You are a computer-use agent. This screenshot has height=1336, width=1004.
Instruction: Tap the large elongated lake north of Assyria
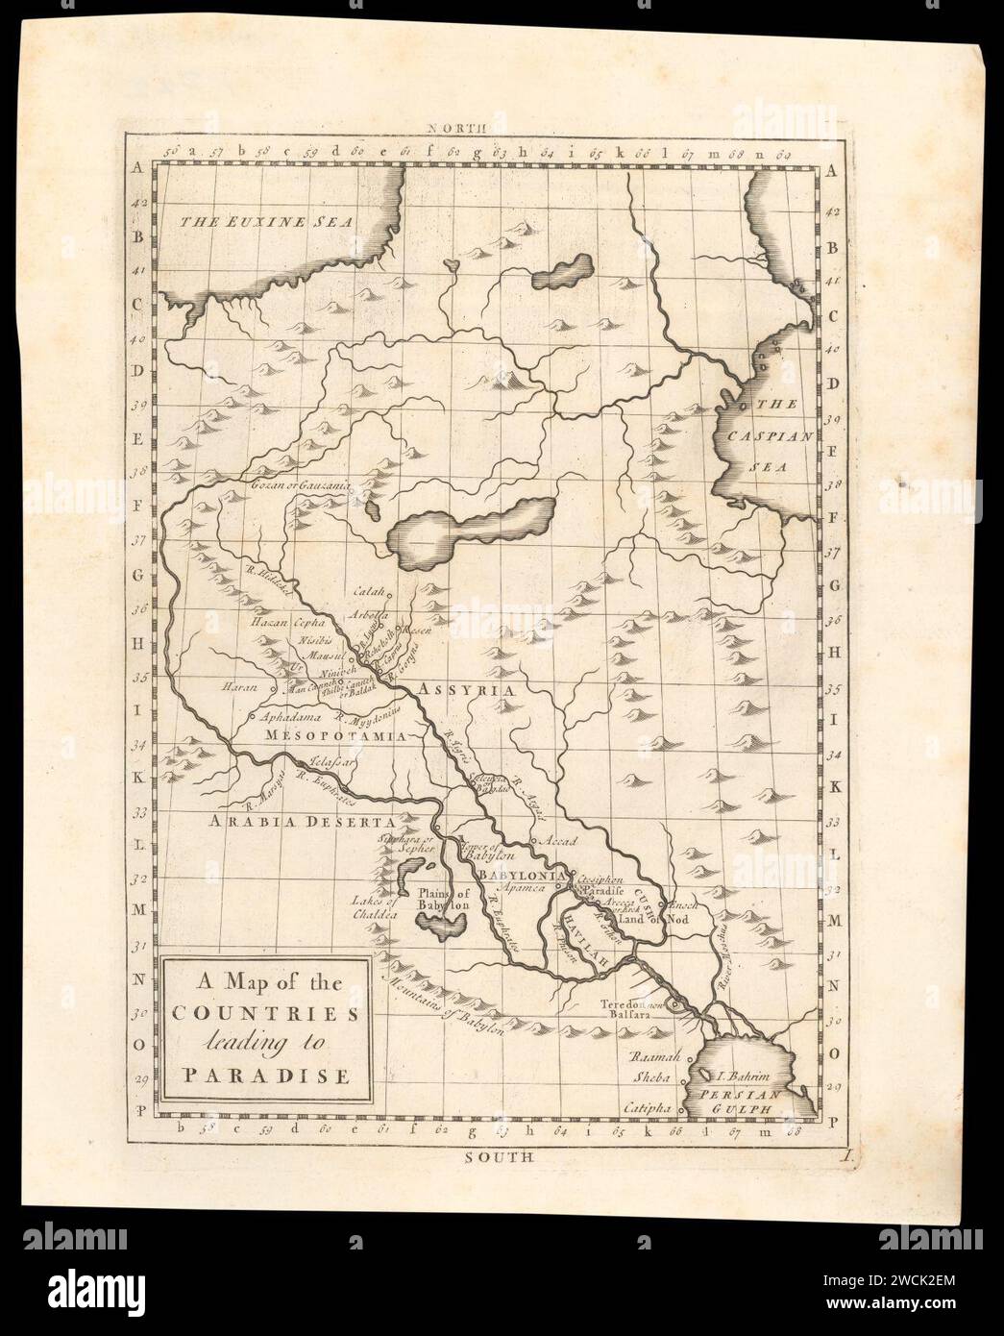click(471, 529)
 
